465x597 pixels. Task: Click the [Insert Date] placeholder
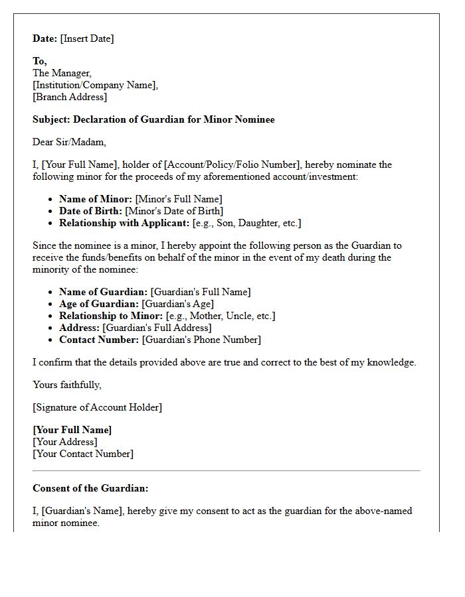pyautogui.click(x=87, y=38)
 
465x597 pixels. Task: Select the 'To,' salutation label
pyautogui.click(x=40, y=61)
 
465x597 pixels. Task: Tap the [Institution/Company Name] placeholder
pyautogui.click(x=96, y=85)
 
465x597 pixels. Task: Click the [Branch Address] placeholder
pyautogui.click(x=70, y=97)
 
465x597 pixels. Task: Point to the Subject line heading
pyautogui.click(x=153, y=119)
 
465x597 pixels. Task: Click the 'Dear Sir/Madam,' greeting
pyautogui.click(x=69, y=142)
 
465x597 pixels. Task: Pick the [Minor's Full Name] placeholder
pyautogui.click(x=178, y=199)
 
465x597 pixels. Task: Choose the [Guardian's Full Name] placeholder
pyautogui.click(x=201, y=292)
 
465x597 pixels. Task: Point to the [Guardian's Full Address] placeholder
pyautogui.click(x=157, y=328)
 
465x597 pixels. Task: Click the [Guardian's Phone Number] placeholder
pyautogui.click(x=201, y=340)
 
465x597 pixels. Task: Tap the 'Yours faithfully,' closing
pyautogui.click(x=67, y=385)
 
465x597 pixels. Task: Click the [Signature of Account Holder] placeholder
pyautogui.click(x=97, y=407)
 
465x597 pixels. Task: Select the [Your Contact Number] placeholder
pyautogui.click(x=83, y=454)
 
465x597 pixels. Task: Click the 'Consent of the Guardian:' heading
pyautogui.click(x=90, y=488)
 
